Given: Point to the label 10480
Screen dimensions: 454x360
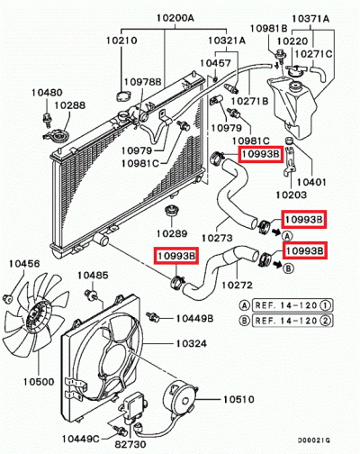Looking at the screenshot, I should point(48,92).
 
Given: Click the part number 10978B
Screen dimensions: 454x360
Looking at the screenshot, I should point(142,82).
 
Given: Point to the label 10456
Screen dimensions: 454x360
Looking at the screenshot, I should point(24,264).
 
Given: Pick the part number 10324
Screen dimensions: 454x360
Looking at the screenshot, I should point(191,343).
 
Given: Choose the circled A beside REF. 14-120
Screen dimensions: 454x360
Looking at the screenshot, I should point(244,304).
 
